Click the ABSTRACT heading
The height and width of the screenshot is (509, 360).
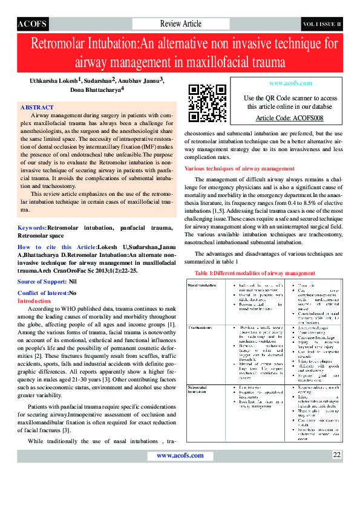click(x=37, y=107)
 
